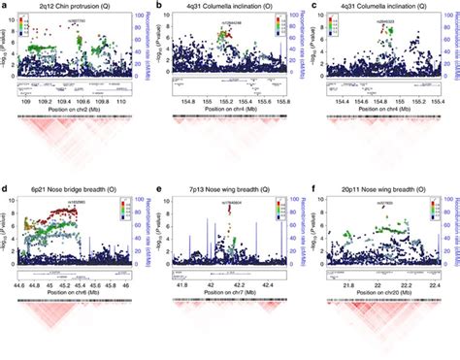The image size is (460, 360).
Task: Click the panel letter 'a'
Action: click(x=4, y=7)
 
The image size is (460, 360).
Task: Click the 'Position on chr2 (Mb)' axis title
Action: click(x=73, y=109)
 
